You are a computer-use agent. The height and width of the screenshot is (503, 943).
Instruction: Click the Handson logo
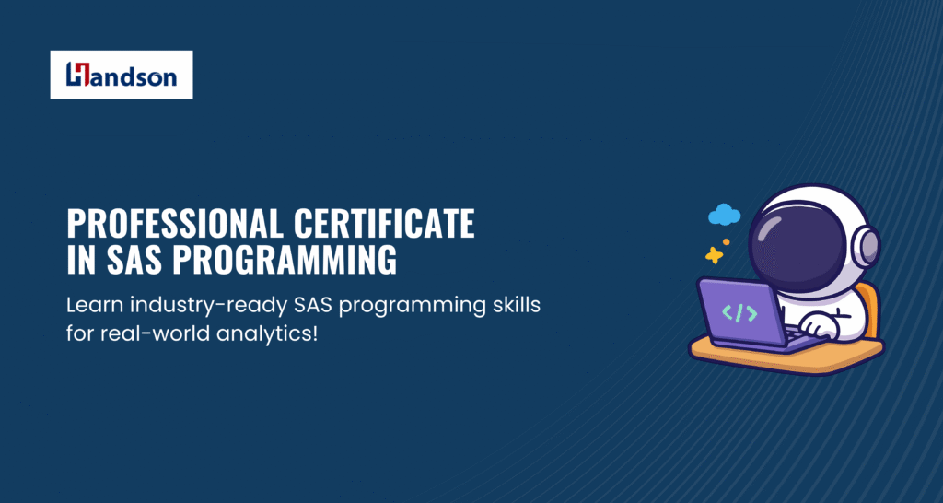[x=122, y=75]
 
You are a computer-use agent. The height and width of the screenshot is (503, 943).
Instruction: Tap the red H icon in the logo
[x=78, y=74]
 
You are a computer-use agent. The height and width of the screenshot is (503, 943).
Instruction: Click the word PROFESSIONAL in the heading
[x=175, y=223]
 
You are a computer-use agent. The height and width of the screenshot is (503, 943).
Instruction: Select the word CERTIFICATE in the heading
[x=384, y=223]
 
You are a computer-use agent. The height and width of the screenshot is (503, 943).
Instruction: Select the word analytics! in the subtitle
[x=262, y=334]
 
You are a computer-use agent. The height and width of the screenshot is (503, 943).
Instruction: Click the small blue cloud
[x=724, y=215]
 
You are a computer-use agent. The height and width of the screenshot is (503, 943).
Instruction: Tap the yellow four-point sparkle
[x=714, y=255]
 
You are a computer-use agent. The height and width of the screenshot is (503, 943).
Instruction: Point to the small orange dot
[x=727, y=242]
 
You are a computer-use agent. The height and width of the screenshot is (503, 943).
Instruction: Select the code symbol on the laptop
[x=739, y=313]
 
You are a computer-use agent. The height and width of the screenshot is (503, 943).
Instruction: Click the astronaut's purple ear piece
[x=867, y=247]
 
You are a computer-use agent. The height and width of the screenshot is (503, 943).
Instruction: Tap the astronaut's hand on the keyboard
[x=819, y=327]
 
